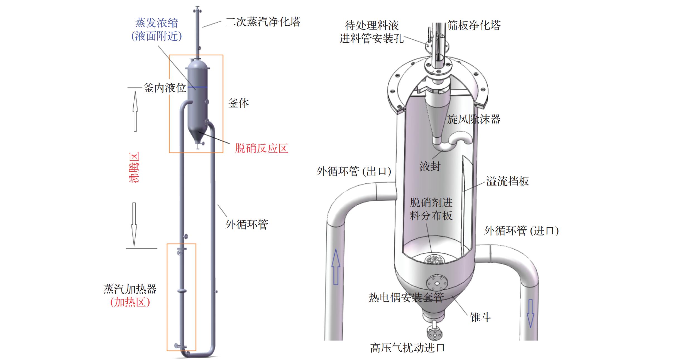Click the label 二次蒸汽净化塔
pos(263,22)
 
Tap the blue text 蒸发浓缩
pos(157,23)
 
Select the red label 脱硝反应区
pos(262,148)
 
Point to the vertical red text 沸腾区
pos(134,167)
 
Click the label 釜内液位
pos(165,88)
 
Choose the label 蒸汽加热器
pos(130,289)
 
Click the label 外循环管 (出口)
pos(354,171)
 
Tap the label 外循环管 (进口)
pos(521,231)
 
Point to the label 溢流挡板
pos(507,181)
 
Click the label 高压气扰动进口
pos(407,348)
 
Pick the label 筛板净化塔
pos(474,25)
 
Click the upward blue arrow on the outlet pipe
pos(336,267)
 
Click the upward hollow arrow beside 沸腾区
pos(135,111)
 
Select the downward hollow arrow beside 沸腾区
pos(134,225)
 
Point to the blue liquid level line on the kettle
pos(197,87)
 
